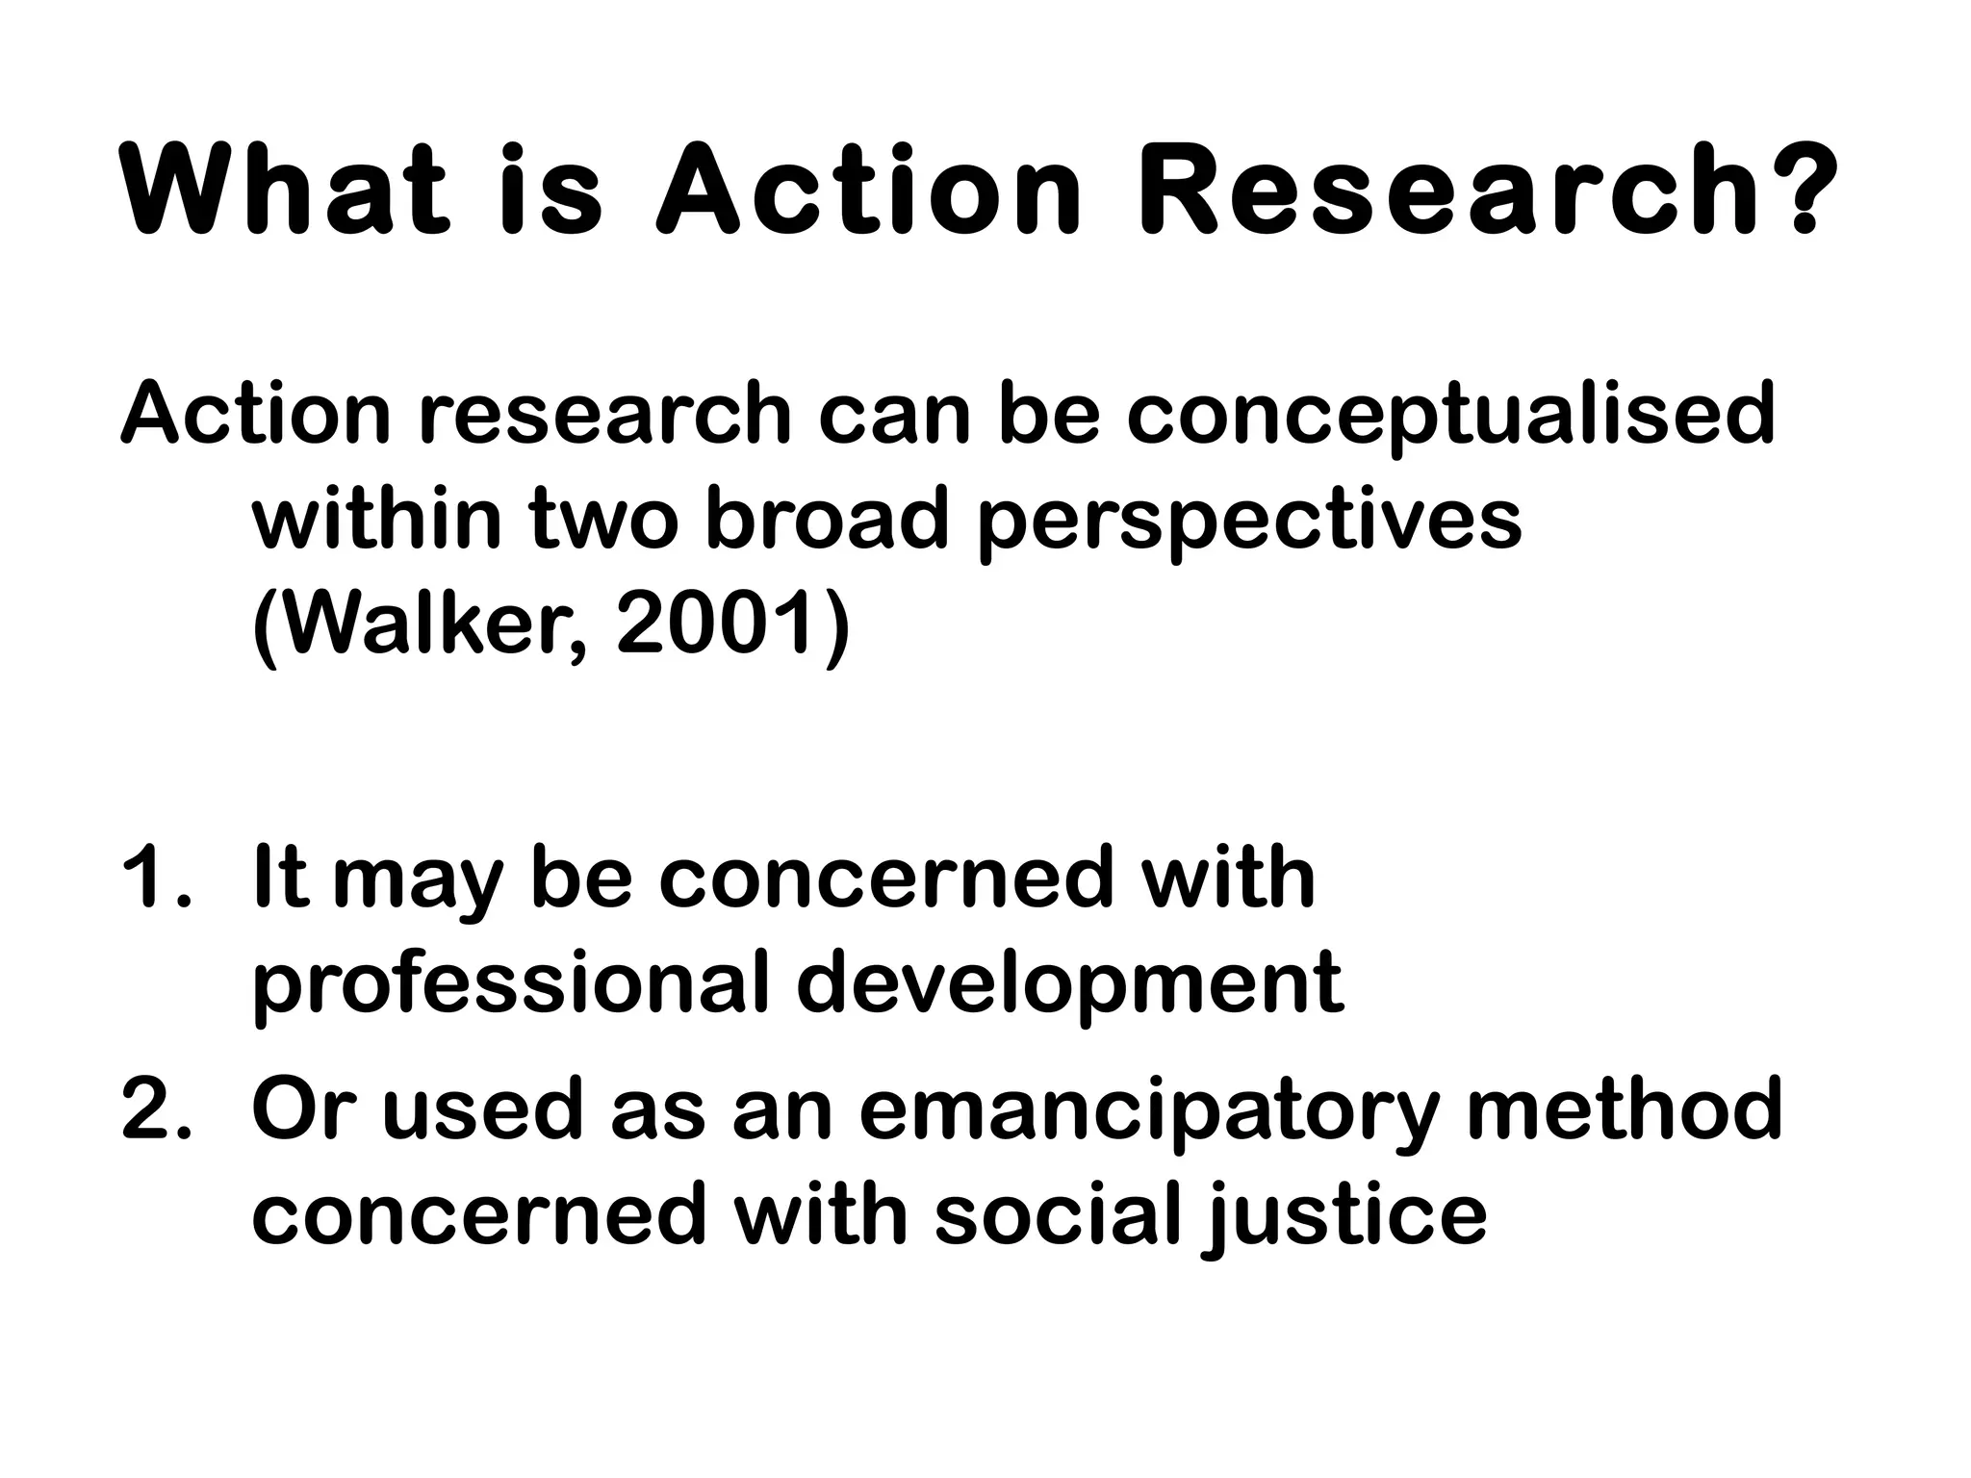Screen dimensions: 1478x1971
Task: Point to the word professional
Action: coord(510,986)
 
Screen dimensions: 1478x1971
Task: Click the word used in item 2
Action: coord(481,1108)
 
